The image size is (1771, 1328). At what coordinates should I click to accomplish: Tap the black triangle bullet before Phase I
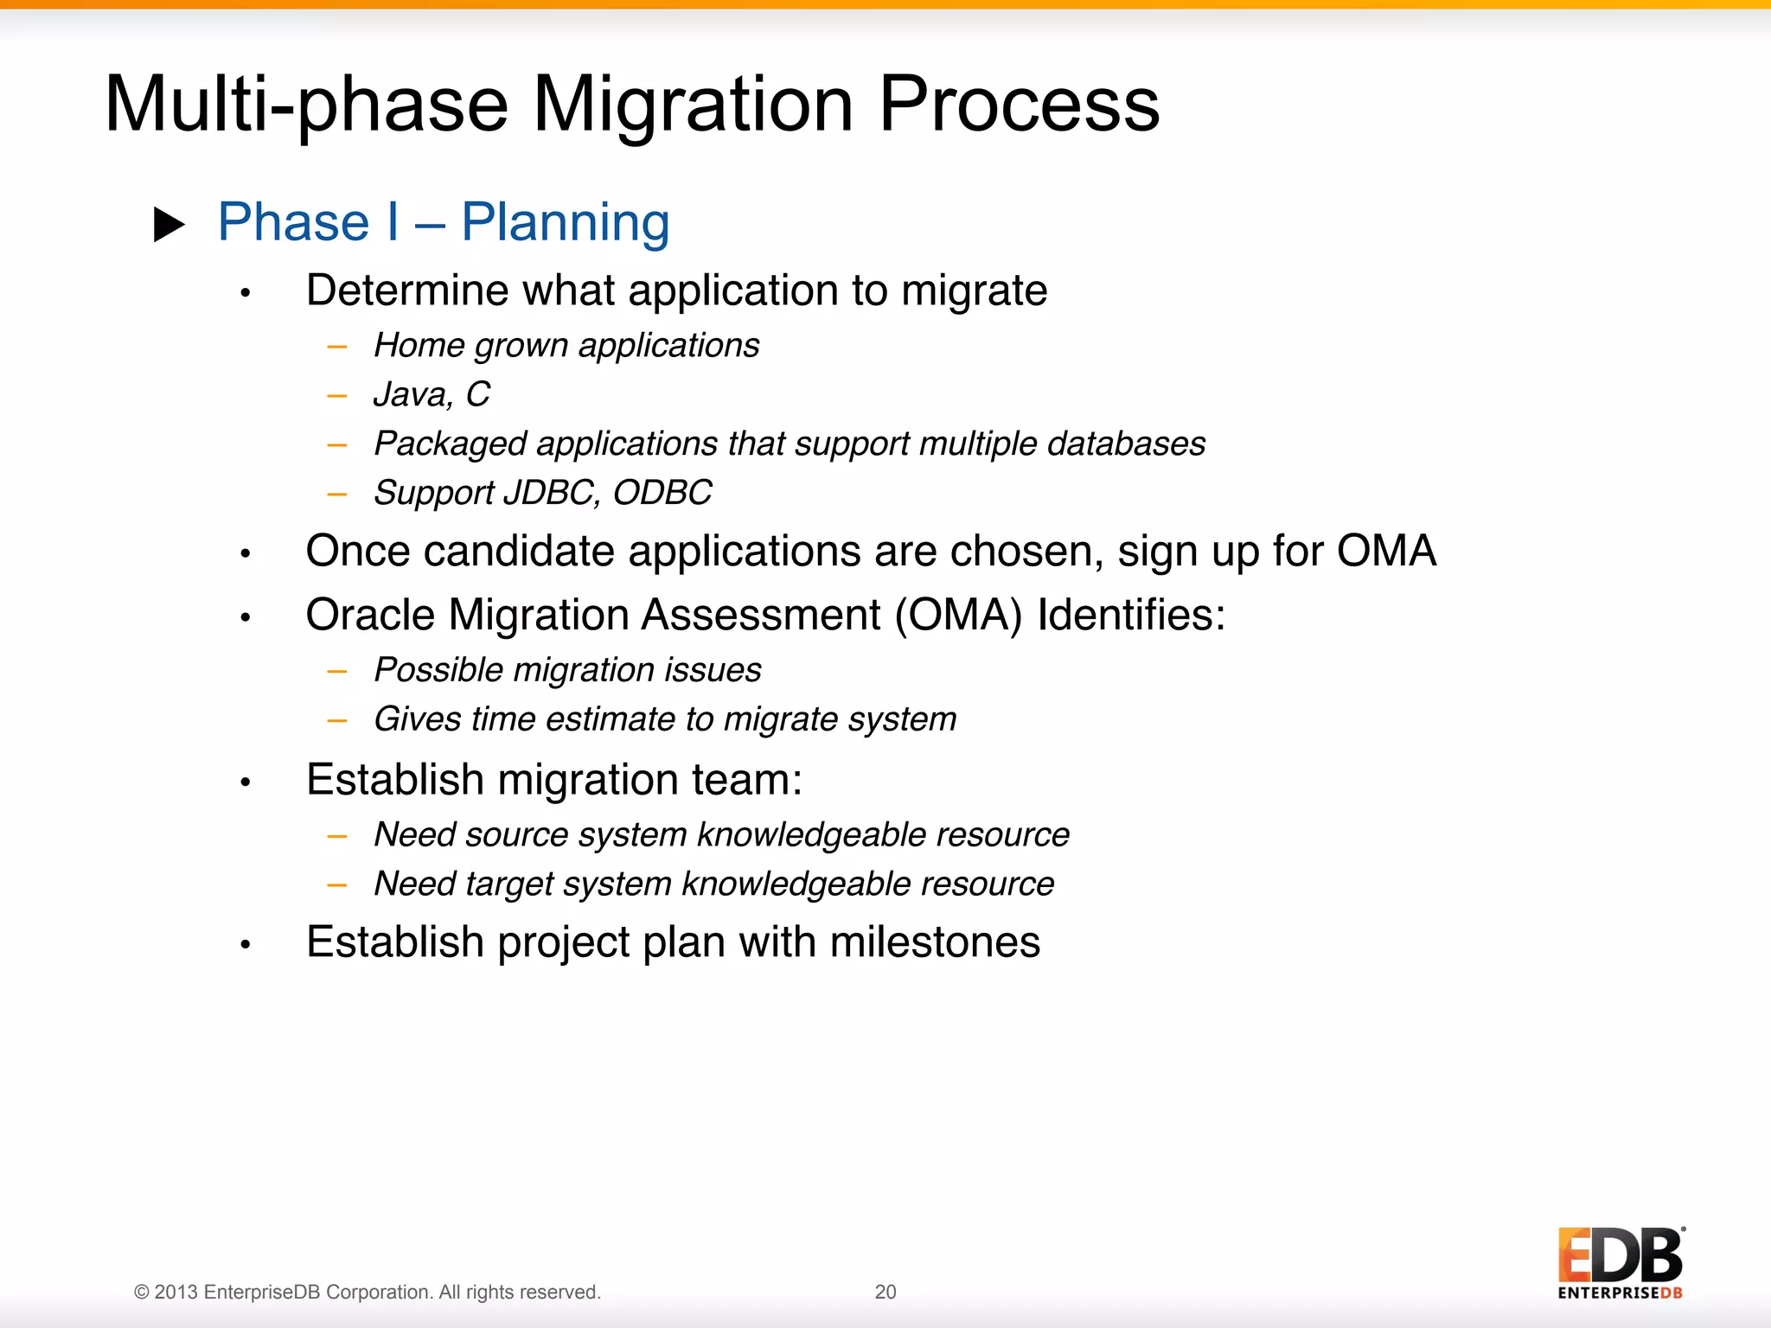point(169,225)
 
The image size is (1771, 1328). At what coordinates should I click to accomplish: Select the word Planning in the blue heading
point(566,223)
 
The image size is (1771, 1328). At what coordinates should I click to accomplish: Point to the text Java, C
point(432,394)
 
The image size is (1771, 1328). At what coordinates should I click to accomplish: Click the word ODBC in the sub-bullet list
point(662,493)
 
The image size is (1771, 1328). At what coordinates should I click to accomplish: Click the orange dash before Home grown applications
point(337,348)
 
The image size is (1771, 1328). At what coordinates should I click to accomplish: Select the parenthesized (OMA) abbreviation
point(958,616)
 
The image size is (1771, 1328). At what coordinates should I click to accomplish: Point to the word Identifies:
point(1131,616)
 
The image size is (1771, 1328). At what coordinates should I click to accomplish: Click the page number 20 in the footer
point(885,1292)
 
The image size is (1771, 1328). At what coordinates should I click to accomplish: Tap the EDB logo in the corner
point(1620,1263)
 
